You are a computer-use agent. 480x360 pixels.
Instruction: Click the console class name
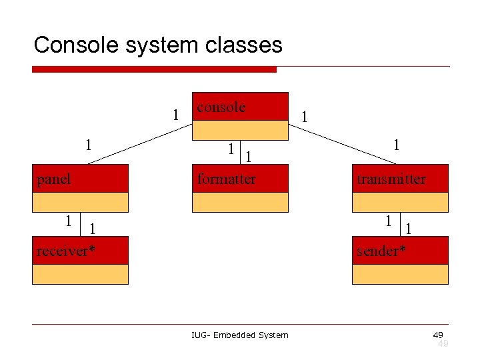click(x=221, y=107)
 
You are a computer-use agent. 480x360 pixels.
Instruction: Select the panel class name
click(x=54, y=179)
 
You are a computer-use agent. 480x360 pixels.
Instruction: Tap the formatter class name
click(x=227, y=179)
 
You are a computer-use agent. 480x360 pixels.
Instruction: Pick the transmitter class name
click(x=391, y=179)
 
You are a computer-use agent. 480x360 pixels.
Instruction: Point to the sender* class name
click(x=381, y=251)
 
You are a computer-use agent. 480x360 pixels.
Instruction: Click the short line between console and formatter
click(x=240, y=152)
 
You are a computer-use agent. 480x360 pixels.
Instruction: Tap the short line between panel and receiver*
click(x=80, y=224)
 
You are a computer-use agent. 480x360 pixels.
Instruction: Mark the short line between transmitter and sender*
click(x=400, y=224)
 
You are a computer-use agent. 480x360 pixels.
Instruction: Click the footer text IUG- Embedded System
click(x=240, y=335)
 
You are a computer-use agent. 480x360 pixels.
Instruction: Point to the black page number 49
click(x=438, y=334)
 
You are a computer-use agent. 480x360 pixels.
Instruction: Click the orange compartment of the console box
click(x=240, y=129)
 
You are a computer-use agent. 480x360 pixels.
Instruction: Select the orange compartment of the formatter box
click(x=240, y=202)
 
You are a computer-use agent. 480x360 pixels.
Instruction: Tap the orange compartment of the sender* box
click(x=400, y=274)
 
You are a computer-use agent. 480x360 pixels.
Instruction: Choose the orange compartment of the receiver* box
click(x=80, y=274)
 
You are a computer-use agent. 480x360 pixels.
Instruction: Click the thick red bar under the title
click(x=154, y=69)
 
